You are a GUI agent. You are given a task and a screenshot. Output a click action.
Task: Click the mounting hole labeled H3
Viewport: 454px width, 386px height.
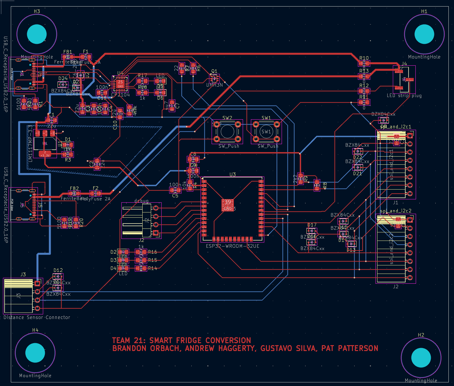[x=37, y=34]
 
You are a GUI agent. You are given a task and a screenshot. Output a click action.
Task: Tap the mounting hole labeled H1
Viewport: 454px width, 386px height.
[x=424, y=34]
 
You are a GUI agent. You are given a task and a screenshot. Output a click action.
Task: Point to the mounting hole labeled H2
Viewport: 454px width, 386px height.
[x=421, y=358]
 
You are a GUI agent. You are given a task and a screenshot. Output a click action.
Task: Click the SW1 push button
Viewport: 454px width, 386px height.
[x=266, y=132]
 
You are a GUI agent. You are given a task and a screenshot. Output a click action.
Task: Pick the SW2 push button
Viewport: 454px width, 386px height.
[x=227, y=132]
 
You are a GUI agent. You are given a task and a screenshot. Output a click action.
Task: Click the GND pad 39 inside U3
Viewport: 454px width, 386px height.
[x=227, y=205]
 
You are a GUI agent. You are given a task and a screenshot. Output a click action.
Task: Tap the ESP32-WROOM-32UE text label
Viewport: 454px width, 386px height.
[x=233, y=246]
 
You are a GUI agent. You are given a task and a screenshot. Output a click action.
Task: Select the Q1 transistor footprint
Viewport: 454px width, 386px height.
[x=215, y=78]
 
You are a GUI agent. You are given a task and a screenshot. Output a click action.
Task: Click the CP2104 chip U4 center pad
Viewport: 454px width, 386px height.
[x=120, y=84]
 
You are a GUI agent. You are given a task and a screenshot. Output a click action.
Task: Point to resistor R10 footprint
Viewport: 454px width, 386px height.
[x=364, y=64]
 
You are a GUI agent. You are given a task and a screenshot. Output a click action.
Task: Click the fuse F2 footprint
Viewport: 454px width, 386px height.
[x=96, y=193]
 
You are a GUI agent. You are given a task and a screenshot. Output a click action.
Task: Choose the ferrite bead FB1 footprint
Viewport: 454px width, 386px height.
[x=68, y=57]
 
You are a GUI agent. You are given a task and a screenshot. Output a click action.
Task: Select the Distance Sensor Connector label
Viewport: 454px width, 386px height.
[x=37, y=317]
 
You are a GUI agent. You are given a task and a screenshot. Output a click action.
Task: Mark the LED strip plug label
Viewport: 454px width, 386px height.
[x=404, y=96]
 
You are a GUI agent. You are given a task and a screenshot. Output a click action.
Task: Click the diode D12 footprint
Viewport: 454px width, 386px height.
[x=58, y=277]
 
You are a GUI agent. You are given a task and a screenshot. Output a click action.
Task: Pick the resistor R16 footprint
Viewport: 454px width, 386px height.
[x=141, y=252]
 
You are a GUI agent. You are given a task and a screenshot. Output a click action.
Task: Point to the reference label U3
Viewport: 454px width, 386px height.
[x=233, y=175]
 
